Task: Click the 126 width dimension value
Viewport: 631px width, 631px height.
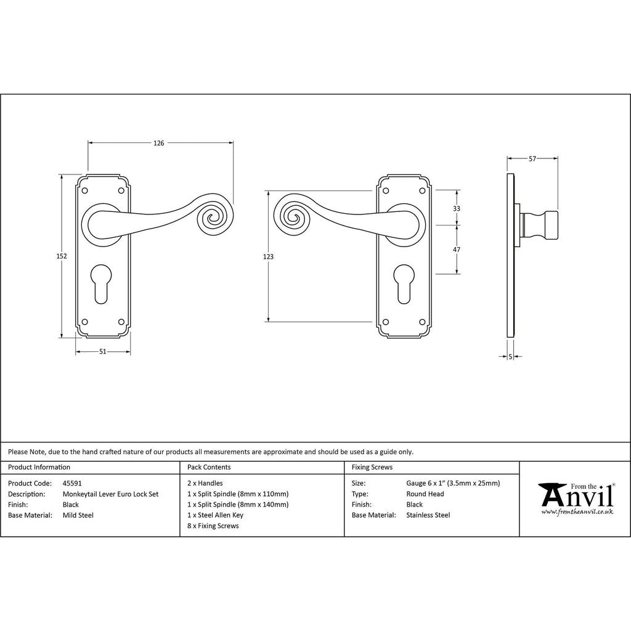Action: click(158, 143)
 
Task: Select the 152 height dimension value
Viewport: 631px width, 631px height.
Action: click(62, 256)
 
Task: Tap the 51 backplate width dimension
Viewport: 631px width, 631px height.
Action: click(103, 352)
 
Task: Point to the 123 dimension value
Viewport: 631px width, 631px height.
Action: click(268, 257)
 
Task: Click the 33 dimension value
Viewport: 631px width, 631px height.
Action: click(457, 208)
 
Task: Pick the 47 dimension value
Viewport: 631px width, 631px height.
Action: click(457, 250)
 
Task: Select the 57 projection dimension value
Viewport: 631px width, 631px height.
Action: click(532, 159)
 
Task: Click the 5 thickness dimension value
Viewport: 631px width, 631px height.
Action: click(510, 357)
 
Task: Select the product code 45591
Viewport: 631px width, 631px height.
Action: click(72, 483)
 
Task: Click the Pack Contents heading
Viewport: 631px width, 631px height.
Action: click(209, 467)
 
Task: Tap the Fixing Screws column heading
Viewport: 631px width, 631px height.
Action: click(372, 467)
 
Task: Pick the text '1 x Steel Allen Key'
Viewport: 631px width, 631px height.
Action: click(215, 515)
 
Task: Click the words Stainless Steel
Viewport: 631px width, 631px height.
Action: click(428, 515)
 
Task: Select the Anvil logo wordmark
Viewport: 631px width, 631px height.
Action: click(577, 495)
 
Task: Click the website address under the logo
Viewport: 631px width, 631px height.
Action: click(577, 512)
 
